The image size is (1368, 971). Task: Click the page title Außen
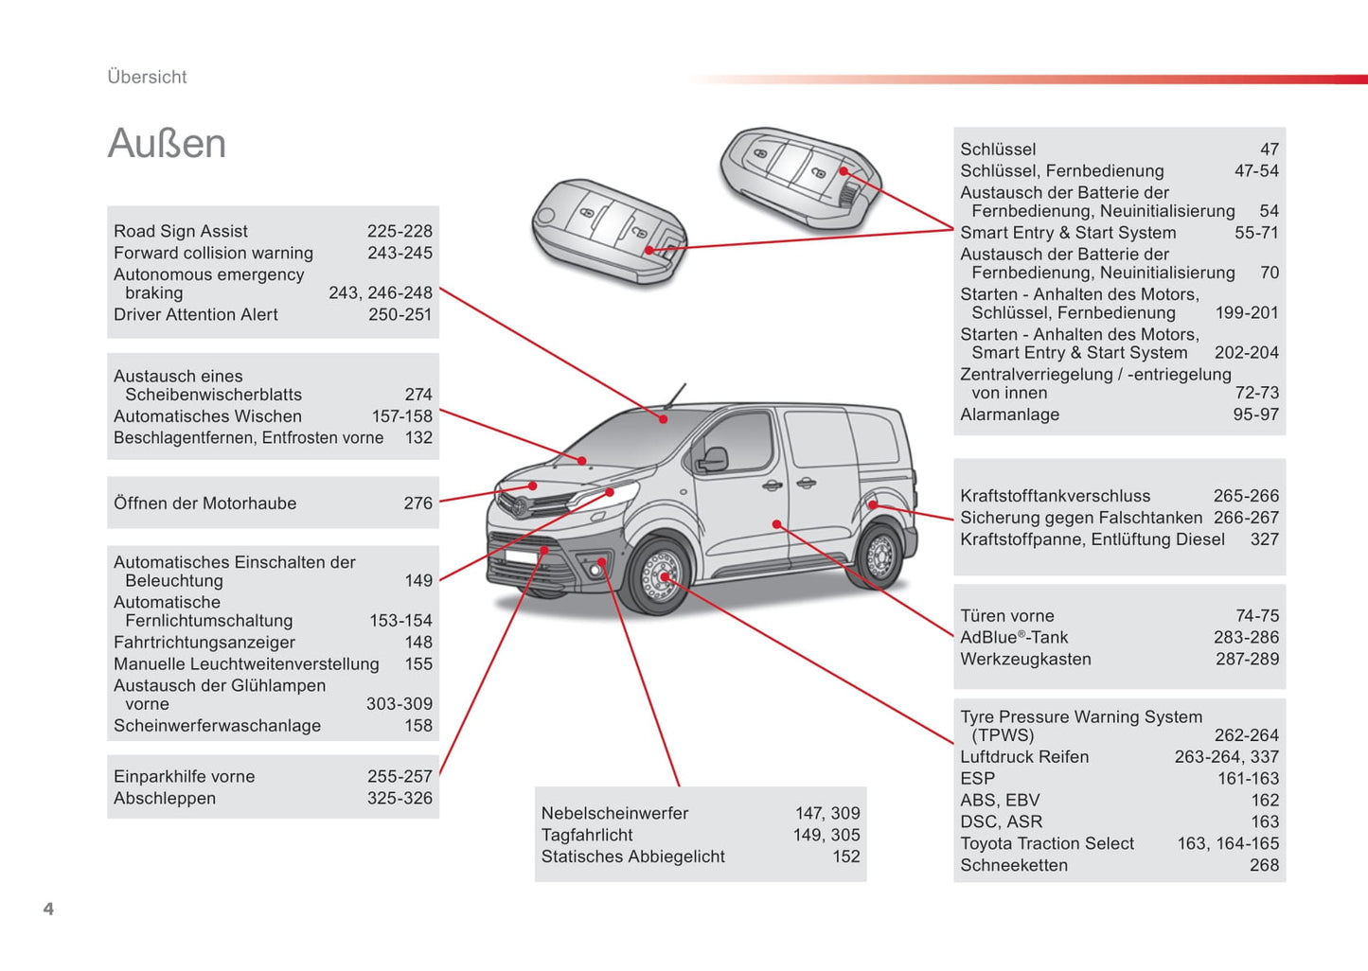[x=167, y=144]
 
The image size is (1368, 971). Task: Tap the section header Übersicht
[x=147, y=78]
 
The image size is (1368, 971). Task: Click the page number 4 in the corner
[x=48, y=909]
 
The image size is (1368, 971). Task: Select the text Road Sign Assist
[x=181, y=232]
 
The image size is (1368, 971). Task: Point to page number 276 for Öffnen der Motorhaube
[x=418, y=503]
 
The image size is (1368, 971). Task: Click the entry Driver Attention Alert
[x=196, y=315]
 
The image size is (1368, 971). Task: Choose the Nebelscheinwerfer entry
[x=614, y=813]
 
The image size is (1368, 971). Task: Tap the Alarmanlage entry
[x=1009, y=415]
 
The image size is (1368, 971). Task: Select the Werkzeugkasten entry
[x=1025, y=660]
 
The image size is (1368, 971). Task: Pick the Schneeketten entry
[x=1013, y=865]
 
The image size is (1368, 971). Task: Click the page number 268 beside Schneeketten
[x=1263, y=865]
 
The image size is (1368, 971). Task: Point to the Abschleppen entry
[x=165, y=799]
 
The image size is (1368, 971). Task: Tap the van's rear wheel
[x=880, y=556]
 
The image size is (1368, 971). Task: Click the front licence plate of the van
[x=524, y=556]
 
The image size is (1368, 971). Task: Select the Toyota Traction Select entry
[x=1047, y=843]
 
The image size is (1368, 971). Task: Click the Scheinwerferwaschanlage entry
[x=217, y=726]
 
